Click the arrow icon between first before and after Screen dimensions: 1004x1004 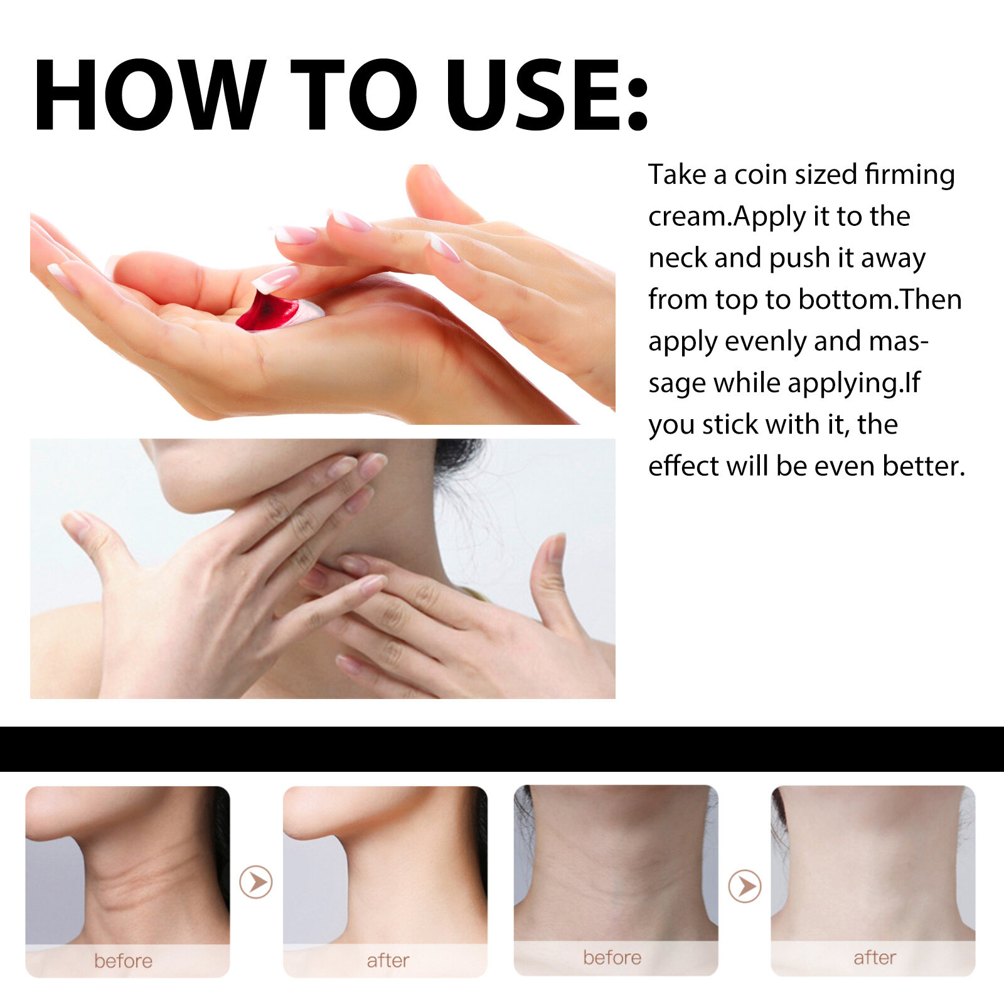[256, 882]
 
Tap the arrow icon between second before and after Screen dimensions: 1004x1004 [745, 886]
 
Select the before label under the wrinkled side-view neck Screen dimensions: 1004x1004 [123, 961]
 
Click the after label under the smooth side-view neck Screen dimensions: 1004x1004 [388, 961]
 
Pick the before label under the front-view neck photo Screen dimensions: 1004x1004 [612, 958]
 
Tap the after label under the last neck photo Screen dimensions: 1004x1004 [875, 958]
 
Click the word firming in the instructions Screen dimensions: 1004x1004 [910, 174]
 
